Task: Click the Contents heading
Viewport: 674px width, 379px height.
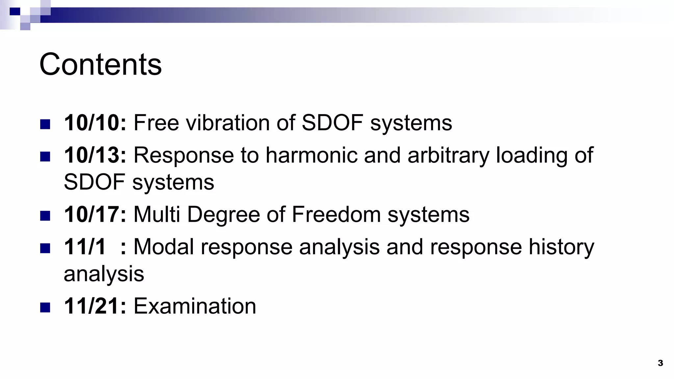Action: coord(100,64)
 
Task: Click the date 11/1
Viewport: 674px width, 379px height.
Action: coord(85,247)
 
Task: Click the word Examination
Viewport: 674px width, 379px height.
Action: coord(194,306)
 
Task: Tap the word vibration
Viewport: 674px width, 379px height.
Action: coord(228,123)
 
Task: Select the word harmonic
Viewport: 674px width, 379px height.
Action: coord(311,155)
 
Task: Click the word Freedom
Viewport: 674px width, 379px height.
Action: coord(336,215)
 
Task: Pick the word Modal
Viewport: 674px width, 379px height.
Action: coord(164,247)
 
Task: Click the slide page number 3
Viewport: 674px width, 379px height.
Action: coord(660,363)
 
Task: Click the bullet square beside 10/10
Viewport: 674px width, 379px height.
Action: coord(45,124)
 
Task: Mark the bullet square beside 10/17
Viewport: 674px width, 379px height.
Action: coord(45,215)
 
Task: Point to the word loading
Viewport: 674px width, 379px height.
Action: coord(531,156)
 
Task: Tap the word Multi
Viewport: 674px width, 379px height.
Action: coord(157,215)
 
